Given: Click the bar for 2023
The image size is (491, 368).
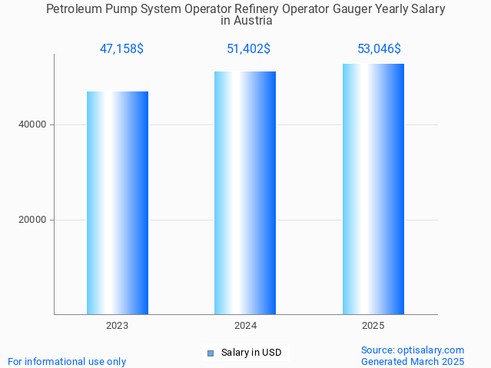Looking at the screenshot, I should click(x=118, y=203).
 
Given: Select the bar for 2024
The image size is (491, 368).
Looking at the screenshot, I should click(x=245, y=193).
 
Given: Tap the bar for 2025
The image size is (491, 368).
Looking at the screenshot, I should click(x=373, y=189).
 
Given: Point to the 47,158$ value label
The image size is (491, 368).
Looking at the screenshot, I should click(x=121, y=49).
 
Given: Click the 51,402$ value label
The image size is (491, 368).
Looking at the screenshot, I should click(x=248, y=49).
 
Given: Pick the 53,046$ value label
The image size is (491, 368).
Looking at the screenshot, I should click(x=379, y=49).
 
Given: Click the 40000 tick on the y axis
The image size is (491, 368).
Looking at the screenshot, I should click(x=32, y=124).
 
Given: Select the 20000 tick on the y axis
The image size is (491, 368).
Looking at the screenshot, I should click(x=32, y=220).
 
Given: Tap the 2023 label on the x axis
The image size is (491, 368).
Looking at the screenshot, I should click(x=118, y=326).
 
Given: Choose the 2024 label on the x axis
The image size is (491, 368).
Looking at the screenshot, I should click(x=245, y=326).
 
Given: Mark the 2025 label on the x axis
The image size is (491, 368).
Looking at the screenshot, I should click(x=373, y=326).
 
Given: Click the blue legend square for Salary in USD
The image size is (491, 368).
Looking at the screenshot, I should click(x=210, y=353).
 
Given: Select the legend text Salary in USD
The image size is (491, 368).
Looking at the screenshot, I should click(x=251, y=353).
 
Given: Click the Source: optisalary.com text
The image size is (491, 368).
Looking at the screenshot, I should click(x=413, y=350).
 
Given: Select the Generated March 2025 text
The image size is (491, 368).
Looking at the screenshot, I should click(x=413, y=361).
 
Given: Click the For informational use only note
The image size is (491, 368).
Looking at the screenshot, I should click(x=67, y=361).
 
